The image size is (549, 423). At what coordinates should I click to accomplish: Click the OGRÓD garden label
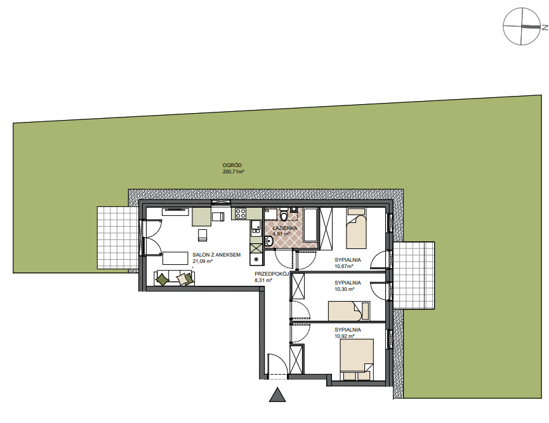tap(232, 165)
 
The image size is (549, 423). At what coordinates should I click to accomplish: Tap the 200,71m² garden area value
tap(233, 171)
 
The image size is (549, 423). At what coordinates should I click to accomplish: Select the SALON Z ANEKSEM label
tap(216, 255)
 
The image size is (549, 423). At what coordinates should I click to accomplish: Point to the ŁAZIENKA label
tap(285, 228)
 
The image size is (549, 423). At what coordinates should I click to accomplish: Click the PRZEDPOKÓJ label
tap(272, 274)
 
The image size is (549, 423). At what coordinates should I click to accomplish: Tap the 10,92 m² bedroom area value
tap(345, 336)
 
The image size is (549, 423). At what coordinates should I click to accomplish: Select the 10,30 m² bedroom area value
tap(345, 289)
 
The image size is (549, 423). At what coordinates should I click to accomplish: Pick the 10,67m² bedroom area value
tap(344, 266)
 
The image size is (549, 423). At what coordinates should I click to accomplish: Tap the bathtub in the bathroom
tap(311, 225)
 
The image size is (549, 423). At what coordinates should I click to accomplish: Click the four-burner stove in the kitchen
tap(241, 213)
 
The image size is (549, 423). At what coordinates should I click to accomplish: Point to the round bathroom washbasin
tap(269, 241)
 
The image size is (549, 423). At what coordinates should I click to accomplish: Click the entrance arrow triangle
tap(277, 394)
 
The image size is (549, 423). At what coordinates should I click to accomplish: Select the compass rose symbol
tap(522, 27)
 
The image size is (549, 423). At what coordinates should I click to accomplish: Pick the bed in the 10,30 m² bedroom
tap(348, 311)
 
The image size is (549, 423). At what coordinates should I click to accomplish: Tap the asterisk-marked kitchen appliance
tap(256, 259)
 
